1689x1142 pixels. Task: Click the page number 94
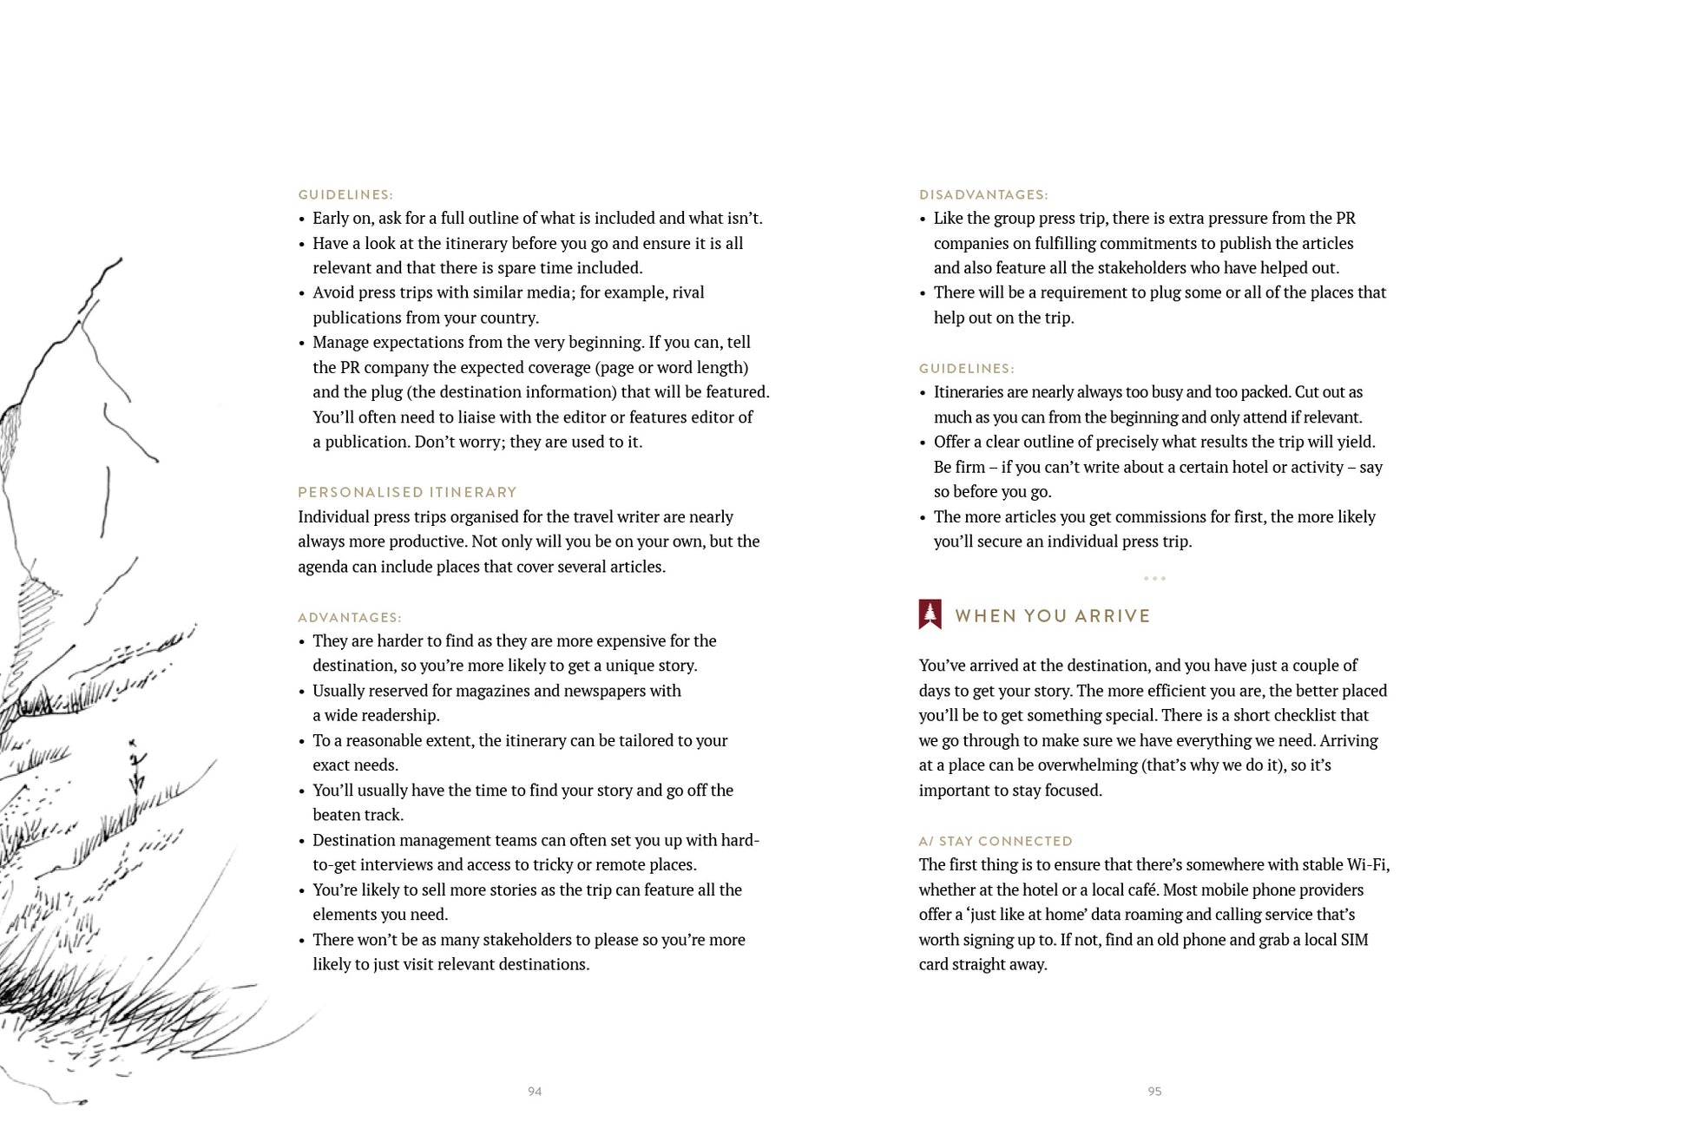click(x=535, y=1091)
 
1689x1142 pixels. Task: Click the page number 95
click(x=1154, y=1091)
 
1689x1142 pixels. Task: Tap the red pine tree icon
click(x=930, y=614)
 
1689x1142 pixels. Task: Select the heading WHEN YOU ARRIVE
click(x=1052, y=616)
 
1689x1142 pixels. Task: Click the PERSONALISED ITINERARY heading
click(x=407, y=492)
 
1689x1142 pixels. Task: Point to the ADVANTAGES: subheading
click(x=350, y=618)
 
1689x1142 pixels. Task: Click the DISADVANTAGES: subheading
click(x=983, y=195)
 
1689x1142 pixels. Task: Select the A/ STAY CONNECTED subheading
click(x=996, y=841)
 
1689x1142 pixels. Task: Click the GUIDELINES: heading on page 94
click(x=345, y=195)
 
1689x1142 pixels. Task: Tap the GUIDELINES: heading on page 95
click(x=966, y=369)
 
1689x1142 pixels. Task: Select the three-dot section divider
click(x=1154, y=578)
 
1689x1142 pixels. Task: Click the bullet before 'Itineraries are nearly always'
click(x=923, y=393)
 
